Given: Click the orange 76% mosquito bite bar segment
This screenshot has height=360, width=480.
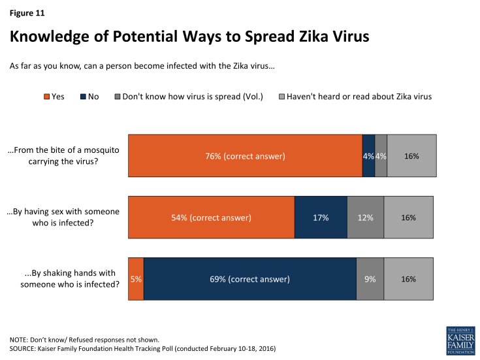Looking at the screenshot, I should click(x=245, y=155).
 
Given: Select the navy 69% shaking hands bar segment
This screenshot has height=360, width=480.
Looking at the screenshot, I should click(x=249, y=279).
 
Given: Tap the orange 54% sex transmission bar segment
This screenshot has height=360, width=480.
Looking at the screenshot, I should click(x=211, y=218).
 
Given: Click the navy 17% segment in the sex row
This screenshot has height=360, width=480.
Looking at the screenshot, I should click(x=321, y=218).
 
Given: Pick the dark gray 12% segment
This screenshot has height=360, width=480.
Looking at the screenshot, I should click(x=365, y=218).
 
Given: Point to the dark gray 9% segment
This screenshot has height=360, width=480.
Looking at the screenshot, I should click(x=370, y=279).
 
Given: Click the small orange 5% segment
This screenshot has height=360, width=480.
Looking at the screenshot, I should click(x=136, y=279).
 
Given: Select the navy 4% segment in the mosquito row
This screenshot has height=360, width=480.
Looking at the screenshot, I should click(x=368, y=155).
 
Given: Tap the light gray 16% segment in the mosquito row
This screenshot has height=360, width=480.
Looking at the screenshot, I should click(x=411, y=155).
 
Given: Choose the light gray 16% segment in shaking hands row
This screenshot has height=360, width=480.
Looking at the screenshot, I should click(x=408, y=279).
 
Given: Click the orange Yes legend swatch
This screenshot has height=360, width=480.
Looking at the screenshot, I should click(x=46, y=97).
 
